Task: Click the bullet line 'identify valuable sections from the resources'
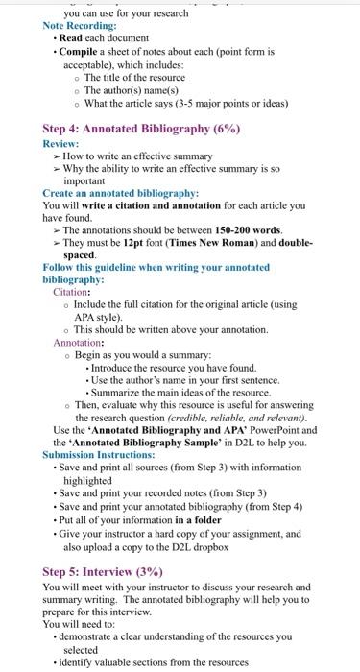tap(169, 661)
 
